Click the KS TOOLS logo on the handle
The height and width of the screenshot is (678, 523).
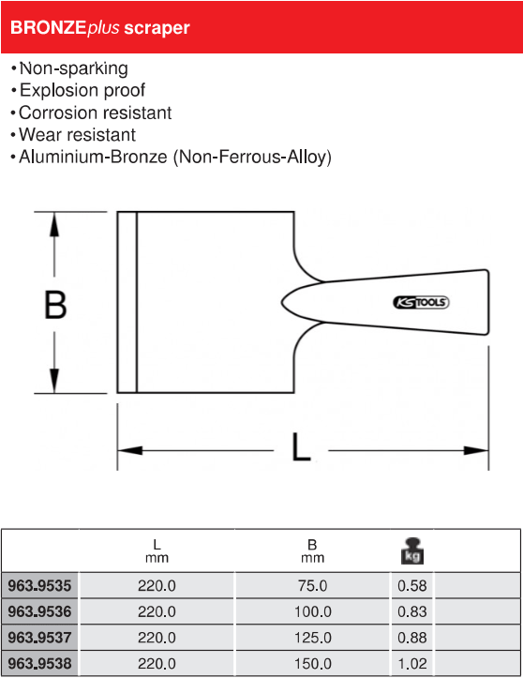click(421, 302)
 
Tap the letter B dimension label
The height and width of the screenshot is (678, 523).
click(55, 305)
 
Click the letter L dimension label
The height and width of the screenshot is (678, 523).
click(301, 446)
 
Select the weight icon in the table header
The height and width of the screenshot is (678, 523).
click(411, 550)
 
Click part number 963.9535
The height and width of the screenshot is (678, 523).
click(39, 585)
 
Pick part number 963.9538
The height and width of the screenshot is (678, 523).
click(39, 663)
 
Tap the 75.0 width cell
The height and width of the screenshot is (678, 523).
click(312, 585)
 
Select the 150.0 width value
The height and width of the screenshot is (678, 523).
click(312, 663)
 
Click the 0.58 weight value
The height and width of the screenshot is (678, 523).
click(411, 585)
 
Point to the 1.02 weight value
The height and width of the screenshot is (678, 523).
click(411, 663)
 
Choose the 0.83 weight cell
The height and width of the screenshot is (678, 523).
click(411, 611)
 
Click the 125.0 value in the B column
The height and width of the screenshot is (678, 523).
click(312, 638)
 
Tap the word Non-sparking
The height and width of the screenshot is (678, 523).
click(74, 68)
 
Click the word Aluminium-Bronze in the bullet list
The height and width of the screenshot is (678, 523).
click(93, 157)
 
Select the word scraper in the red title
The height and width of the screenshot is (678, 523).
click(157, 28)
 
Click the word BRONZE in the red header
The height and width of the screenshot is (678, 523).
click(48, 28)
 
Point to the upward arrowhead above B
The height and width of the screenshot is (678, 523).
click(54, 225)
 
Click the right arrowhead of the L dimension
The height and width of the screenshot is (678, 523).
click(476, 450)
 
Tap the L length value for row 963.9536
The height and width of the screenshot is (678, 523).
click(157, 611)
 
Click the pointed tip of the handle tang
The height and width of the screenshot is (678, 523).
click(282, 302)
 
